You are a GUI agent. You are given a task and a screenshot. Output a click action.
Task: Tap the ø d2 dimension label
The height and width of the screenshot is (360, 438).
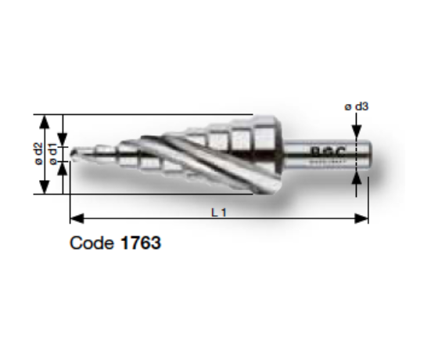click(x=38, y=153)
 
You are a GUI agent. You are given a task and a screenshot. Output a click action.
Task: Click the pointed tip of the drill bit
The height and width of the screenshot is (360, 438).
click(x=73, y=154)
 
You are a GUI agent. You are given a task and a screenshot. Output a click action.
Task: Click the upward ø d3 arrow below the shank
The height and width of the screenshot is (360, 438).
click(x=357, y=178)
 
